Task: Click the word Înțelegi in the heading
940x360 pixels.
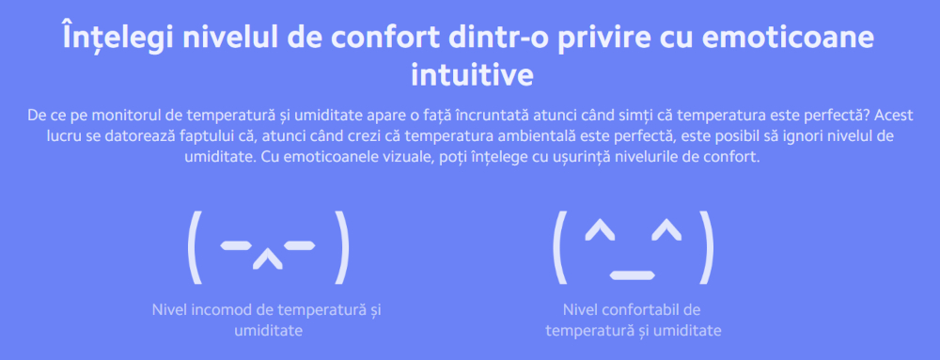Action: click(x=116, y=39)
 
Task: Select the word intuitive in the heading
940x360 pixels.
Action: click(x=472, y=75)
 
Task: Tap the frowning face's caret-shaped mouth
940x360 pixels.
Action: click(x=267, y=258)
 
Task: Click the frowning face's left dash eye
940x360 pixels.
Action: click(x=234, y=244)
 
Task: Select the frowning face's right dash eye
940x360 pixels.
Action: click(x=299, y=244)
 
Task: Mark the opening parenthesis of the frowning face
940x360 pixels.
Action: click(x=193, y=247)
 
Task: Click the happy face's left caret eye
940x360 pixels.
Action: click(x=600, y=228)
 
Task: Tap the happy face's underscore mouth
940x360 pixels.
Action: click(x=632, y=275)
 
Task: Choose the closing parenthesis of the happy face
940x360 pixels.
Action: click(x=708, y=247)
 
